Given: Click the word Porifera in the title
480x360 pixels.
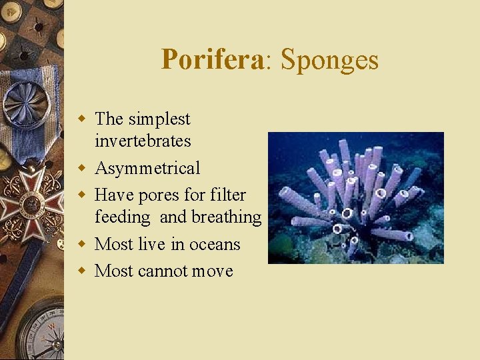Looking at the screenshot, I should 213,60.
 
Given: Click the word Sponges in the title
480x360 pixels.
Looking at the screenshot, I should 329,60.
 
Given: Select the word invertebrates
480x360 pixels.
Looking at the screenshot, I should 143,141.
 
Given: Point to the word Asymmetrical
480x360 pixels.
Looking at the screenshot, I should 147,169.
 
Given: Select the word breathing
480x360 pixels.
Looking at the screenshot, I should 226,217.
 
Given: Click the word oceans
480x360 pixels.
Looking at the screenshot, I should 215,245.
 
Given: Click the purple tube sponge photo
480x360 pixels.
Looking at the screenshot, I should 355,197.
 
